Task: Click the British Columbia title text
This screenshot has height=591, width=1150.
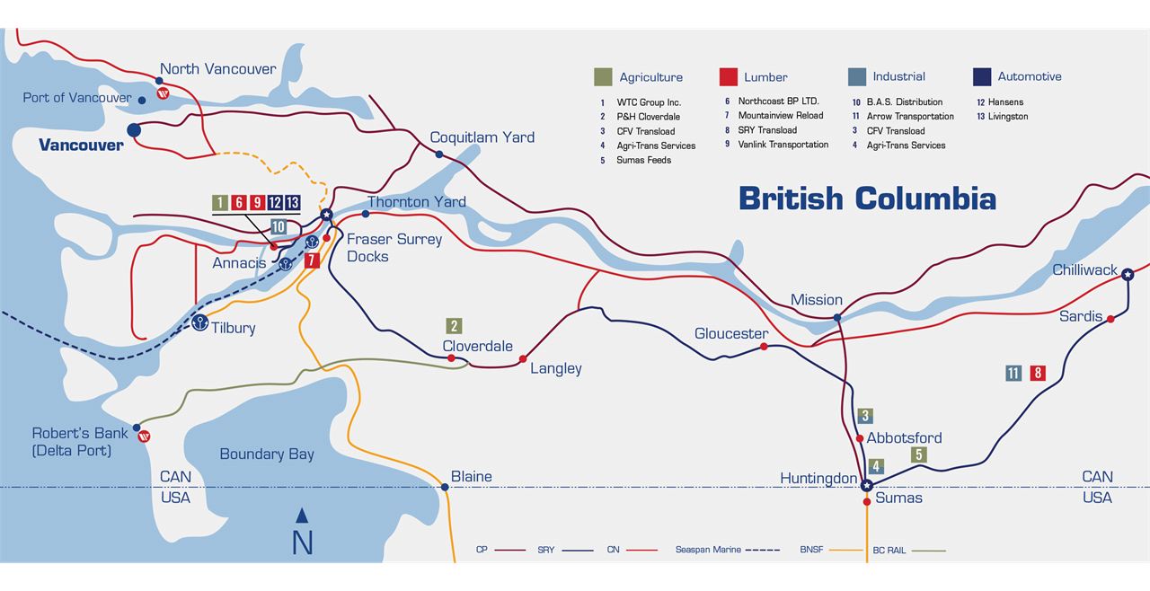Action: coord(866,198)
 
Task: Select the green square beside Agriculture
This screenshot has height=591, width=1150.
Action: coord(603,77)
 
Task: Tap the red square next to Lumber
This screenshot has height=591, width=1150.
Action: coord(729,77)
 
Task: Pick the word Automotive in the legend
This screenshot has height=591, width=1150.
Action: coord(1029,77)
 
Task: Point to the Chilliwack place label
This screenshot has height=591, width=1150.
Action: coord(1084,270)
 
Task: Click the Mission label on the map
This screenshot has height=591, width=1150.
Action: coord(816,300)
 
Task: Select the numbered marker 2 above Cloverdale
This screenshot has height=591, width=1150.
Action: coord(455,326)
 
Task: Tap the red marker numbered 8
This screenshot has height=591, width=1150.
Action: coord(1038,373)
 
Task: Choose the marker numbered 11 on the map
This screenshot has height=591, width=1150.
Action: coord(1013,373)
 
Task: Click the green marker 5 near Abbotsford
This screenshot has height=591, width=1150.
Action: coord(918,454)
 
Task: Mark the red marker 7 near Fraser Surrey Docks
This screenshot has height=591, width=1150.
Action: coord(312,260)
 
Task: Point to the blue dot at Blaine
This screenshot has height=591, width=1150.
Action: coord(445,487)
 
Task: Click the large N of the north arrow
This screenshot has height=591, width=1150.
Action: coord(303,542)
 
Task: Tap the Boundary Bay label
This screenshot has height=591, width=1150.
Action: coord(267,454)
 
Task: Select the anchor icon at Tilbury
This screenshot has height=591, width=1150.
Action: coord(199,322)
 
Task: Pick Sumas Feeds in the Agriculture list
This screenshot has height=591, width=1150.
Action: coord(643,160)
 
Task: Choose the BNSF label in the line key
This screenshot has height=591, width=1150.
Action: coord(811,549)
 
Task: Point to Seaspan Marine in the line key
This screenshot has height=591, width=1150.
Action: coord(708,549)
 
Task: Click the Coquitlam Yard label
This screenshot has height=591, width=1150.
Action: coord(482,137)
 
